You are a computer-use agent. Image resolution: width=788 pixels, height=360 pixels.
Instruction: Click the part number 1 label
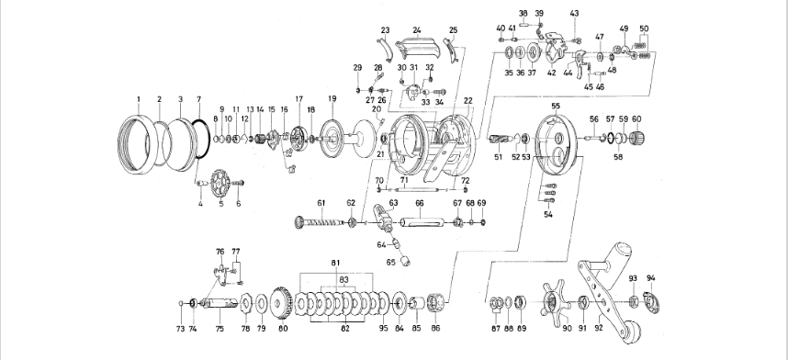[139, 99]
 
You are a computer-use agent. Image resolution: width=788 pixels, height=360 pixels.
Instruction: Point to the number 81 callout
[336, 263]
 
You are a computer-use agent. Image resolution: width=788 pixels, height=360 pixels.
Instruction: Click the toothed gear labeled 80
[281, 303]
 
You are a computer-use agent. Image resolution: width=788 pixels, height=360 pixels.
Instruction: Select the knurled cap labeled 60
[636, 138]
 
